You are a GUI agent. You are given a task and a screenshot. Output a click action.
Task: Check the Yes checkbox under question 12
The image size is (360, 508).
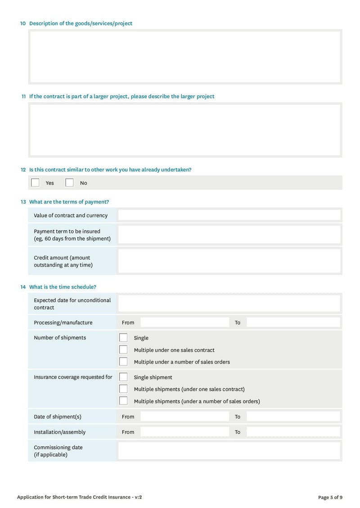click(35, 183)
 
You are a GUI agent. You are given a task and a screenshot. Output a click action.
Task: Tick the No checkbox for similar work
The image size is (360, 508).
click(69, 183)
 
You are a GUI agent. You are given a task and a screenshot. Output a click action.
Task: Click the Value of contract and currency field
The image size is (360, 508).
click(229, 215)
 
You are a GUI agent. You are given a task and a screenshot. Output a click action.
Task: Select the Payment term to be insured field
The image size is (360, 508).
click(229, 235)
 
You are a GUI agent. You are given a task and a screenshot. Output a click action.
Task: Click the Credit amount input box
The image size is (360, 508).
click(229, 261)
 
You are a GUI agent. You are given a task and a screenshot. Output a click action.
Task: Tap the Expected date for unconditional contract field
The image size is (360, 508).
click(229, 303)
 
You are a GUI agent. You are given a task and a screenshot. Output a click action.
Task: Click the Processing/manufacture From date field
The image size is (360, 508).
click(184, 322)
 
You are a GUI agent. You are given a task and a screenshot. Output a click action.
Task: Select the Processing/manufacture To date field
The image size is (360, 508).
click(293, 322)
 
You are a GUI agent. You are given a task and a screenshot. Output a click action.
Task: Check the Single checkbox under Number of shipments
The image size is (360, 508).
click(123, 338)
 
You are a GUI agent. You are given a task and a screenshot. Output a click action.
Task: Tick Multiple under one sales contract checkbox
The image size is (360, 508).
click(123, 350)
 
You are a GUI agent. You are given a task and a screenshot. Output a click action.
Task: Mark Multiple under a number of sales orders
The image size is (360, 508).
click(123, 361)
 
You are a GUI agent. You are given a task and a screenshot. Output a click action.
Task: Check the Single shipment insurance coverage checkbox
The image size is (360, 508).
click(123, 377)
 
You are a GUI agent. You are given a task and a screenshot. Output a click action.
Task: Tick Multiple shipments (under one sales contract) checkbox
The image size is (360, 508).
click(123, 389)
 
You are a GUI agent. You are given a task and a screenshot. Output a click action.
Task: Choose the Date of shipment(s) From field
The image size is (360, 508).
click(184, 416)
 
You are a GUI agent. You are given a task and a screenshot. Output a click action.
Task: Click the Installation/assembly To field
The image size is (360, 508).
click(293, 432)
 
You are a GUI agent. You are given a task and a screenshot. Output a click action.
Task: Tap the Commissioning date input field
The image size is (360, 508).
click(229, 450)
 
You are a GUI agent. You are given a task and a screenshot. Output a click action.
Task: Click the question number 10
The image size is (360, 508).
click(23, 23)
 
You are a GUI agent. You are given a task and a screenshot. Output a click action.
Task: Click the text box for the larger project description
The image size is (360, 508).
click(185, 130)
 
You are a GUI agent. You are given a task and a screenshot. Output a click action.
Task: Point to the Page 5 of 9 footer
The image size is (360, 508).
click(330, 497)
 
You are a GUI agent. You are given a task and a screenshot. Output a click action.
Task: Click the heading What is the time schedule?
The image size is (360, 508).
click(63, 287)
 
